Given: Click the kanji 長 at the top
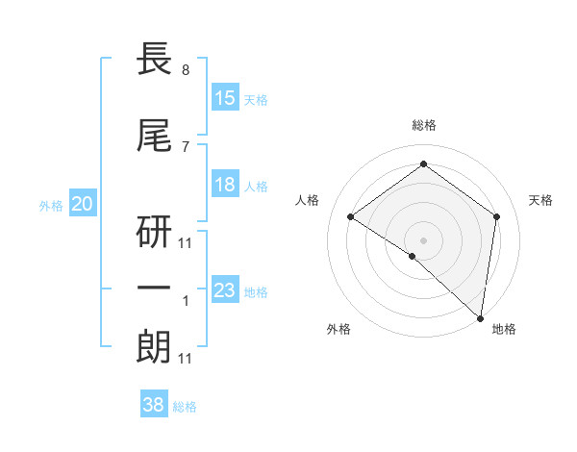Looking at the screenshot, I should [x=156, y=62].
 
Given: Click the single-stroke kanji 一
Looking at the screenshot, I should [x=156, y=288].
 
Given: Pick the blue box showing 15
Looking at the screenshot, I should [x=225, y=98].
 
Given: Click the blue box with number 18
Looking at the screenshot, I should [x=225, y=185].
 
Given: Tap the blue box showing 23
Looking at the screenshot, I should [x=225, y=290].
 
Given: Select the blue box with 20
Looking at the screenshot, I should [x=83, y=204].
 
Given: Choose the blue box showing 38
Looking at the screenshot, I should [x=154, y=405].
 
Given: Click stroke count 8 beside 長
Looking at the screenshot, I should [x=186, y=71].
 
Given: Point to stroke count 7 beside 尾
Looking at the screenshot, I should [x=186, y=146].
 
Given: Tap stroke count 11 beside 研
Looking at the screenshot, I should [x=186, y=242].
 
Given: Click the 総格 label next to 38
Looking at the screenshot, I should [x=185, y=407].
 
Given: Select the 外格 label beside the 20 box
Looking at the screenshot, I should [x=51, y=205].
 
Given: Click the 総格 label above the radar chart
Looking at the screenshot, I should [x=423, y=125].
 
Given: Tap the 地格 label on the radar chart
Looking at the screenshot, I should [x=504, y=329].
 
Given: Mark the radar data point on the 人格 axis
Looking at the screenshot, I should [x=351, y=217].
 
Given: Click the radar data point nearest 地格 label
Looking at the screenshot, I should [x=481, y=317].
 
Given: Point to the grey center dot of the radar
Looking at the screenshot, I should [x=423, y=239].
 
